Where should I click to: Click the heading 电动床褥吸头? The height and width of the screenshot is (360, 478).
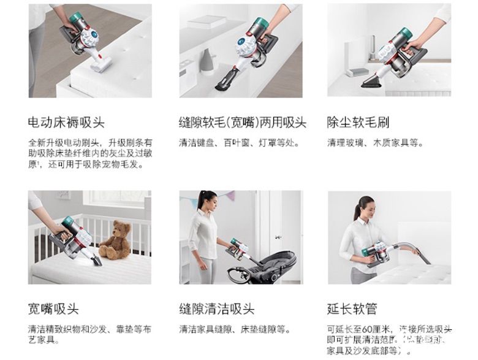pyautogui.click(x=66, y=123)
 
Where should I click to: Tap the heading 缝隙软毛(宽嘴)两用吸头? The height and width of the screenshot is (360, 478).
pyautogui.click(x=242, y=123)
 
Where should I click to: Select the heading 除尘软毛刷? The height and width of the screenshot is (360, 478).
pyautogui.click(x=358, y=123)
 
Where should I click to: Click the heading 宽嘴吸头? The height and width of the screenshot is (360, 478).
pyautogui.click(x=53, y=308)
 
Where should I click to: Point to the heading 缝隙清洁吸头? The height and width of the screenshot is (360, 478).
pyautogui.click(x=217, y=308)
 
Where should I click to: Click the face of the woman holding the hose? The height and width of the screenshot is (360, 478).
pyautogui.click(x=366, y=209)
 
